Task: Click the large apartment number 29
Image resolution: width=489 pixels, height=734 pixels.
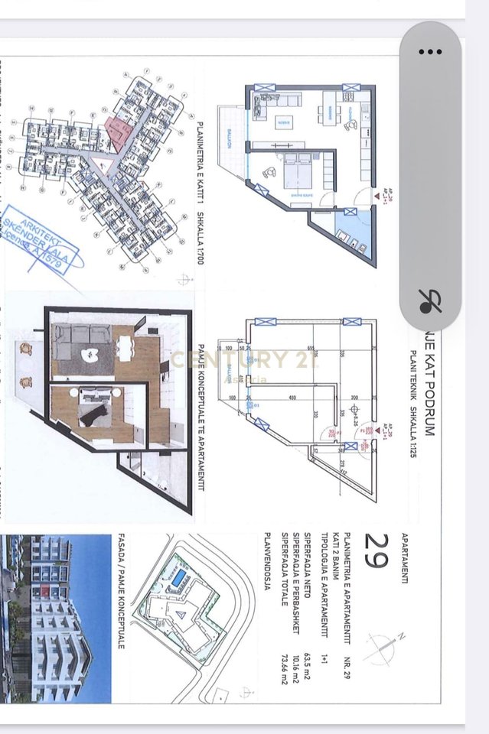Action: click(376, 551)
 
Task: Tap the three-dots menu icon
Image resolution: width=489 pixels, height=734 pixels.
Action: click(430, 52)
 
